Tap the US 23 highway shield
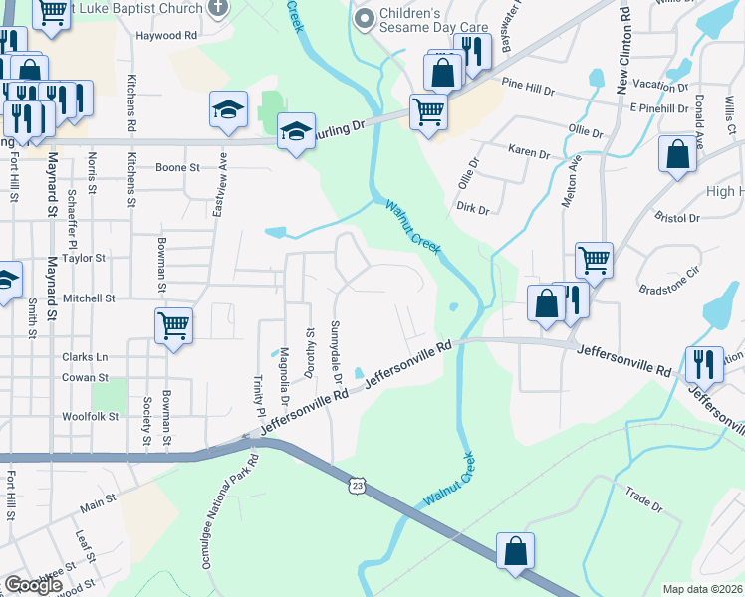tap(358, 484)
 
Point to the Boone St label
tap(178, 167)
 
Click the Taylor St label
tap(84, 258)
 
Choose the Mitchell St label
tap(90, 298)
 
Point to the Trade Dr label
tap(643, 499)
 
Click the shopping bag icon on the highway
tap(515, 551)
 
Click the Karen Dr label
tap(529, 154)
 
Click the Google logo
tap(33, 585)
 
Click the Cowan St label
tap(85, 378)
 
